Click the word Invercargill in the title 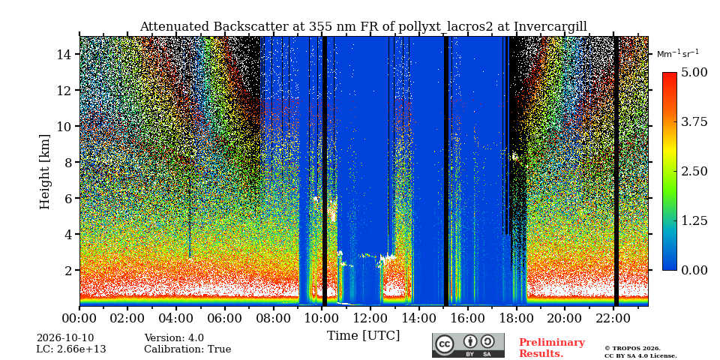550,27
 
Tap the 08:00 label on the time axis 274,318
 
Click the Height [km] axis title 44,172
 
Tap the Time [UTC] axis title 363,336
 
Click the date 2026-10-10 65,338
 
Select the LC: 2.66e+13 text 71,349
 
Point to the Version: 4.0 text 174,338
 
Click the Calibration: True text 187,349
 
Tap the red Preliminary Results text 552,348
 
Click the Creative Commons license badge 468,345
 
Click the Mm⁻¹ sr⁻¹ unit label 678,54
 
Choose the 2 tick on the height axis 69,270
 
